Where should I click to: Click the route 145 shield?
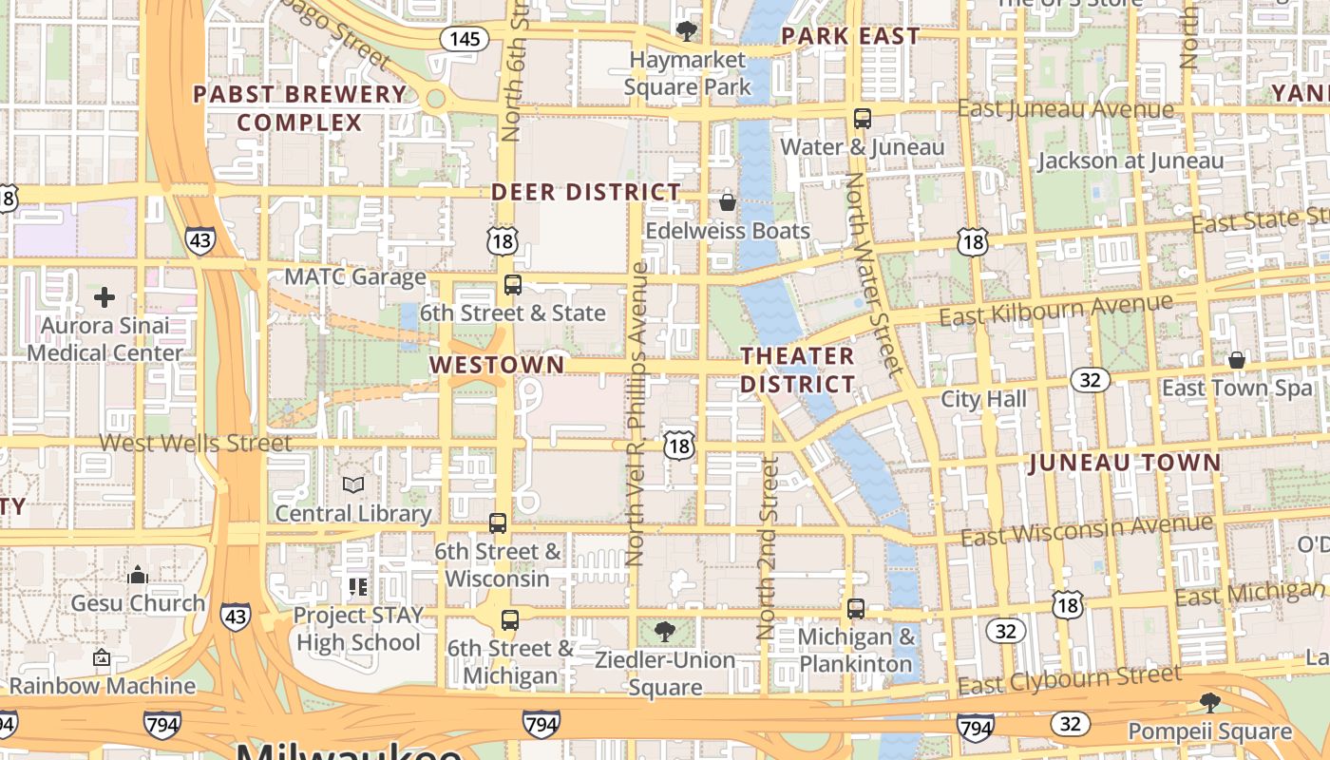(465, 39)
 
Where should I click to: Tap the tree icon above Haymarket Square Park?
(686, 31)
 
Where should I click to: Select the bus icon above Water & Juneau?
(863, 119)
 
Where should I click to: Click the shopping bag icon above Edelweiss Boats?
(728, 201)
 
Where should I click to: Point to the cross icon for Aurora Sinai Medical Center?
(104, 297)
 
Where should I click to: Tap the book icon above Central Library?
(353, 485)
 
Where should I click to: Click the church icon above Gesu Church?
(138, 575)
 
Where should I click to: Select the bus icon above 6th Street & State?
(513, 284)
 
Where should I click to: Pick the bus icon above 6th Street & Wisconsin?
(498, 522)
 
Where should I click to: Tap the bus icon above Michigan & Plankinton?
(856, 608)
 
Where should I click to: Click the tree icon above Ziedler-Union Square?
(665, 632)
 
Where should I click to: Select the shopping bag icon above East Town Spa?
(1236, 360)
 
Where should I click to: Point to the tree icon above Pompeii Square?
(1209, 703)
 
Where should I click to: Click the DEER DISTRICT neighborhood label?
(585, 192)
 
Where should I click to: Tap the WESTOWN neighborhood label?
(496, 365)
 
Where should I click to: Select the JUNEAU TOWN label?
(1125, 463)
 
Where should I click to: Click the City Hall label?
(983, 399)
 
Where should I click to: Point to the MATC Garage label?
(356, 277)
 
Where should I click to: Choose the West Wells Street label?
(195, 443)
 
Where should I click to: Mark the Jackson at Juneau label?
(1130, 161)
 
